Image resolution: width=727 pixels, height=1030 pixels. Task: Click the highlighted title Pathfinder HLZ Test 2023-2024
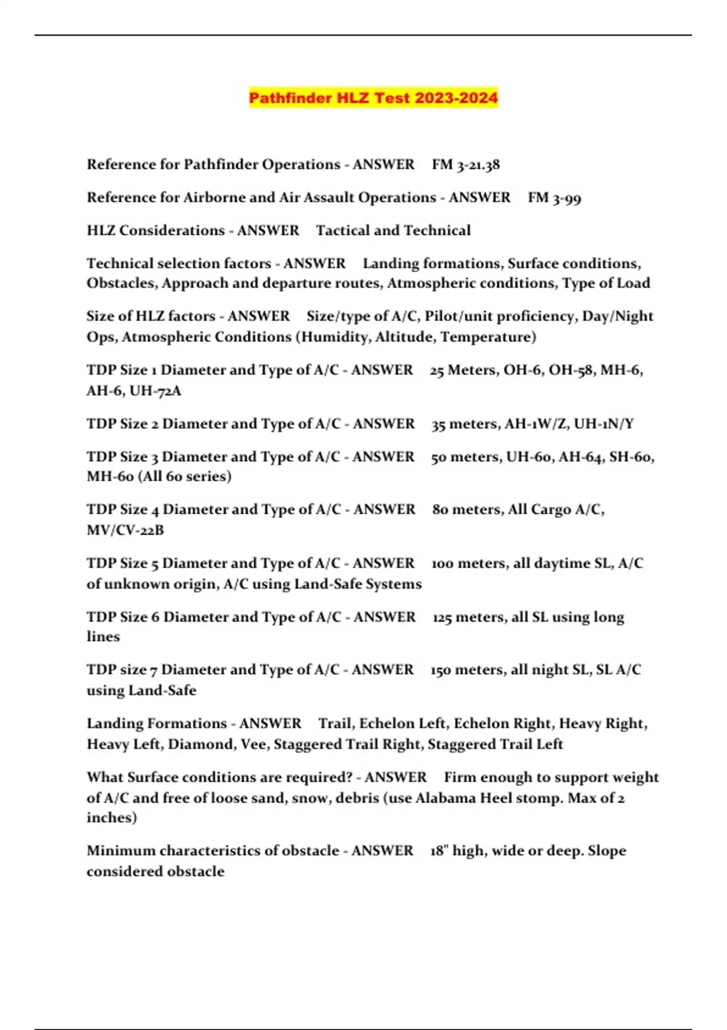(x=373, y=98)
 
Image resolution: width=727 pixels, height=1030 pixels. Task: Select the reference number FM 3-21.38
(x=465, y=165)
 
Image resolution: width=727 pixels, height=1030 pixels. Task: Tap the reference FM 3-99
(x=554, y=198)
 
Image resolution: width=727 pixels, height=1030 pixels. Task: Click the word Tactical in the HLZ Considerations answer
(x=343, y=231)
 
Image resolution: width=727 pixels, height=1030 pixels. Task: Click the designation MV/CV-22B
(x=125, y=530)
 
